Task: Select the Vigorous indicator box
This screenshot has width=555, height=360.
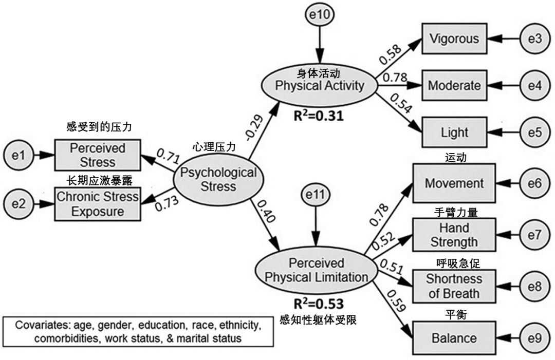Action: pyautogui.click(x=454, y=39)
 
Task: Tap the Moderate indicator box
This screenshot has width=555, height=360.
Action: pyautogui.click(x=454, y=85)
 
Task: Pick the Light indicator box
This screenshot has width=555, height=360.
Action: pyautogui.click(x=454, y=132)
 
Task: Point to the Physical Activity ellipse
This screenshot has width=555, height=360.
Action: pyautogui.click(x=320, y=85)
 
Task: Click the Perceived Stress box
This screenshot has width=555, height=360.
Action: pyautogui.click(x=97, y=155)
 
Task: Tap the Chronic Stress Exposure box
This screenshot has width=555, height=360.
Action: pyautogui.click(x=97, y=203)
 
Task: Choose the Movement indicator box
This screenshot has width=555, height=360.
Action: pyautogui.click(x=454, y=183)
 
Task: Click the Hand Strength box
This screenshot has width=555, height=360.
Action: pyautogui.click(x=454, y=235)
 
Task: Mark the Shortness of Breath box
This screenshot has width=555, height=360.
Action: pyautogui.click(x=454, y=286)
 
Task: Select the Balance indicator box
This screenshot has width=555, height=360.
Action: pyautogui.click(x=454, y=338)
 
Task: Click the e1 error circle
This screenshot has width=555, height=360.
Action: pyautogui.click(x=18, y=155)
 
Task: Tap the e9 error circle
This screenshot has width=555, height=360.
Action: pyautogui.click(x=534, y=338)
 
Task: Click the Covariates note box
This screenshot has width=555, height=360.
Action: pyautogui.click(x=137, y=332)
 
